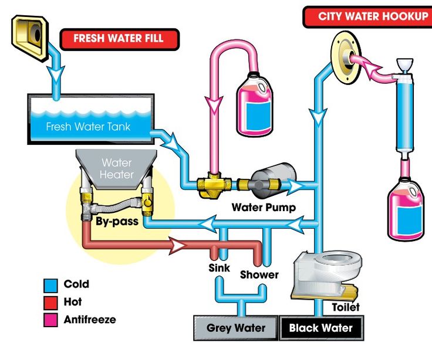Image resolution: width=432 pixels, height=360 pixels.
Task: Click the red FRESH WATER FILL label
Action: (119, 40)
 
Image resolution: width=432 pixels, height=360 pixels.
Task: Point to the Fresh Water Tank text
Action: (88, 127)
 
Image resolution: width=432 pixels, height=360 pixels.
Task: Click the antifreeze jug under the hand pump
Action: (406, 209)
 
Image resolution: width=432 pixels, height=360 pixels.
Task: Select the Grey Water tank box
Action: (236, 328)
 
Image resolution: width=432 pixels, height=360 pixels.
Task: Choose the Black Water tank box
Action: (320, 328)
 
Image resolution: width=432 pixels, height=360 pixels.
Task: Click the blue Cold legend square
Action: (50, 285)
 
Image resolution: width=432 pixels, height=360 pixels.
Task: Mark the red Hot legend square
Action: (50, 303)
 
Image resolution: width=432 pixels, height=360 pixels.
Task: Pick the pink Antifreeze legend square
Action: (50, 320)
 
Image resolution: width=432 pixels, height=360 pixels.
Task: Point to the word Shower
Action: (259, 274)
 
